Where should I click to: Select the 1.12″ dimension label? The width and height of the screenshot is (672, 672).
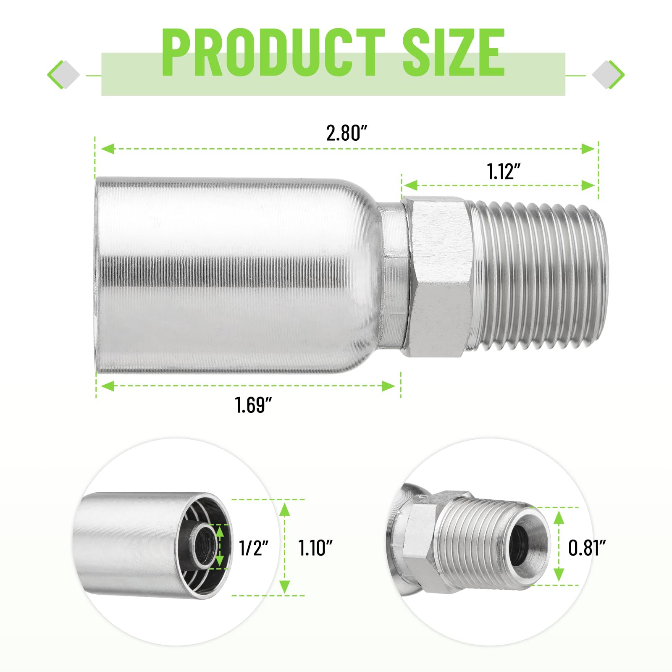504,171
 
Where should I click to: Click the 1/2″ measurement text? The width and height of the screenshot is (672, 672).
253,548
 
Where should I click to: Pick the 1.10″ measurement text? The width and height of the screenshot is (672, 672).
315,548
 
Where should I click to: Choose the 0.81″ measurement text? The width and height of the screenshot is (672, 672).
587,548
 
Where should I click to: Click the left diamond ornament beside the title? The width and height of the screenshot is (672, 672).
63,75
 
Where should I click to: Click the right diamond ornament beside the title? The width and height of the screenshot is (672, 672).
608,75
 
